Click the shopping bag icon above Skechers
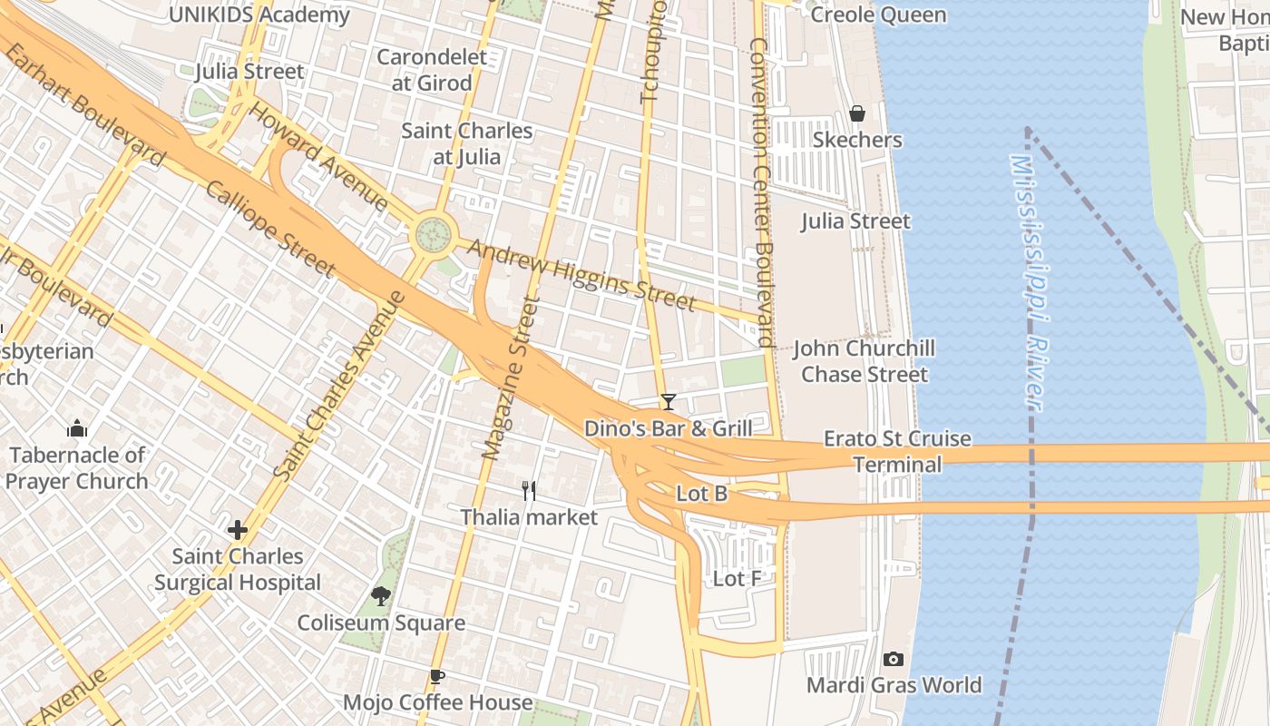(x=856, y=113)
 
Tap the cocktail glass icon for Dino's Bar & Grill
(x=669, y=401)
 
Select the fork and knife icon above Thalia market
(x=530, y=491)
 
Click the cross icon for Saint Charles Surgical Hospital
(x=238, y=529)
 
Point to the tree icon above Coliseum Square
(x=381, y=596)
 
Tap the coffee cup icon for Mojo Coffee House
(x=437, y=676)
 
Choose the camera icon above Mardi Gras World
(x=894, y=659)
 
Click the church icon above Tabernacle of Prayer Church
(x=78, y=427)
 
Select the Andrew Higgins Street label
(x=581, y=274)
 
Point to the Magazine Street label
(x=506, y=378)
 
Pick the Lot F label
(x=737, y=578)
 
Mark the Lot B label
(x=702, y=494)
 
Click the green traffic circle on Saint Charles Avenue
(x=434, y=234)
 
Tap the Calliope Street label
(x=270, y=228)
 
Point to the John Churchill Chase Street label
(x=864, y=361)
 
